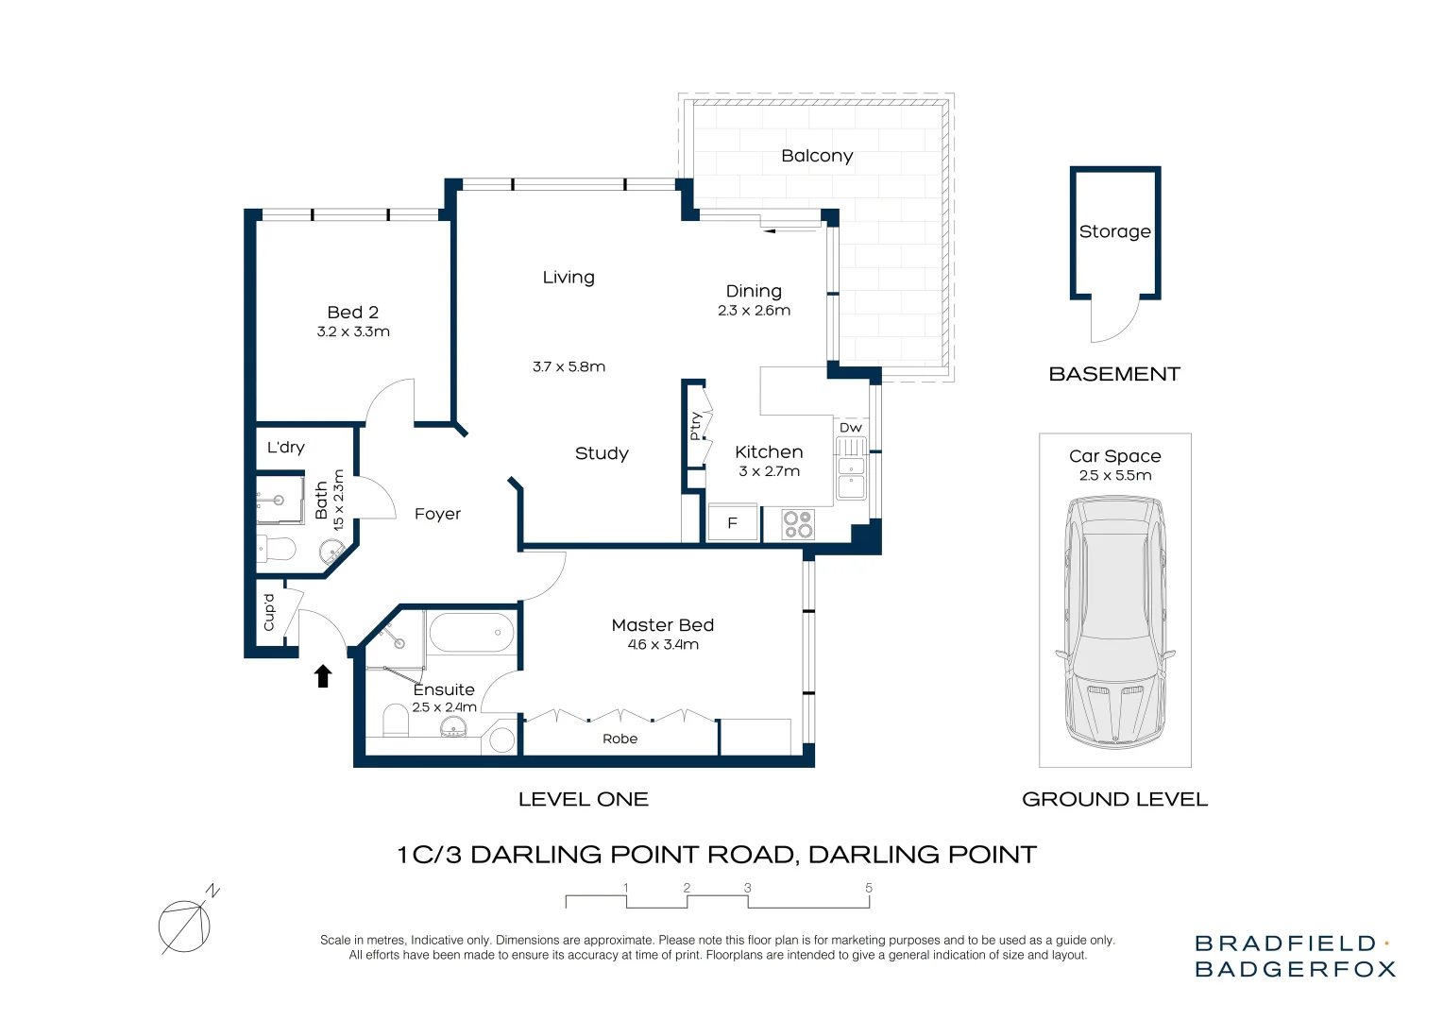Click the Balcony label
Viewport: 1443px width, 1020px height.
817,156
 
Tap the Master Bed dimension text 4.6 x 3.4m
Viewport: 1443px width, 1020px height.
663,644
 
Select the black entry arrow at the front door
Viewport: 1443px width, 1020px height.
323,676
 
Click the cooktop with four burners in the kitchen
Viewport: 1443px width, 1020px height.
798,524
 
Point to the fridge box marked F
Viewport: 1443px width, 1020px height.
733,522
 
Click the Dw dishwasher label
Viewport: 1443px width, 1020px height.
850,427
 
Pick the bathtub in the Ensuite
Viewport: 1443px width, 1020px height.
471,633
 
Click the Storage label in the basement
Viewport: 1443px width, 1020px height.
1115,231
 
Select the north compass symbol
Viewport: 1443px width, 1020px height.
188,922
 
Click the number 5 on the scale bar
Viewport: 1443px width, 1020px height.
869,888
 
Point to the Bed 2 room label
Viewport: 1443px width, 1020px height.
352,313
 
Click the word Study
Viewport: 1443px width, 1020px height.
602,453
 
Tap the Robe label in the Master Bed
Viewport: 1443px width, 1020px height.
620,739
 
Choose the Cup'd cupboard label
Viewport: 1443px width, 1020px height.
268,612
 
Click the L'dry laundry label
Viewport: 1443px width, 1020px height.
286,447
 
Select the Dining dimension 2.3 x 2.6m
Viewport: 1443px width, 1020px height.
754,311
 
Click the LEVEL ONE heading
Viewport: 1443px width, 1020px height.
583,799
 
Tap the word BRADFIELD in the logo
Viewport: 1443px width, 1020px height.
1286,943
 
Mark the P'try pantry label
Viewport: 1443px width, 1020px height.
695,426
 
